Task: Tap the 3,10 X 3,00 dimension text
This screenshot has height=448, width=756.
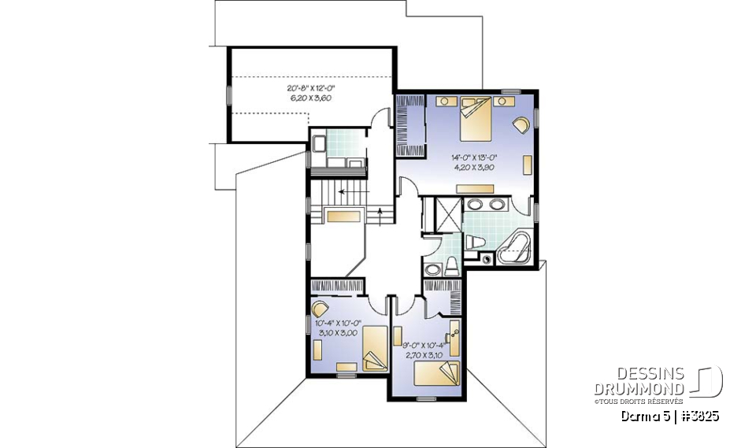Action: point(336,333)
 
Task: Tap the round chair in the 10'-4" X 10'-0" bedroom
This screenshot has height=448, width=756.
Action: point(322,308)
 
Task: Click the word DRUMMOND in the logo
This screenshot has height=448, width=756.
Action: point(639,388)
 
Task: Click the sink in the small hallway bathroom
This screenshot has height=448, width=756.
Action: point(432,270)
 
